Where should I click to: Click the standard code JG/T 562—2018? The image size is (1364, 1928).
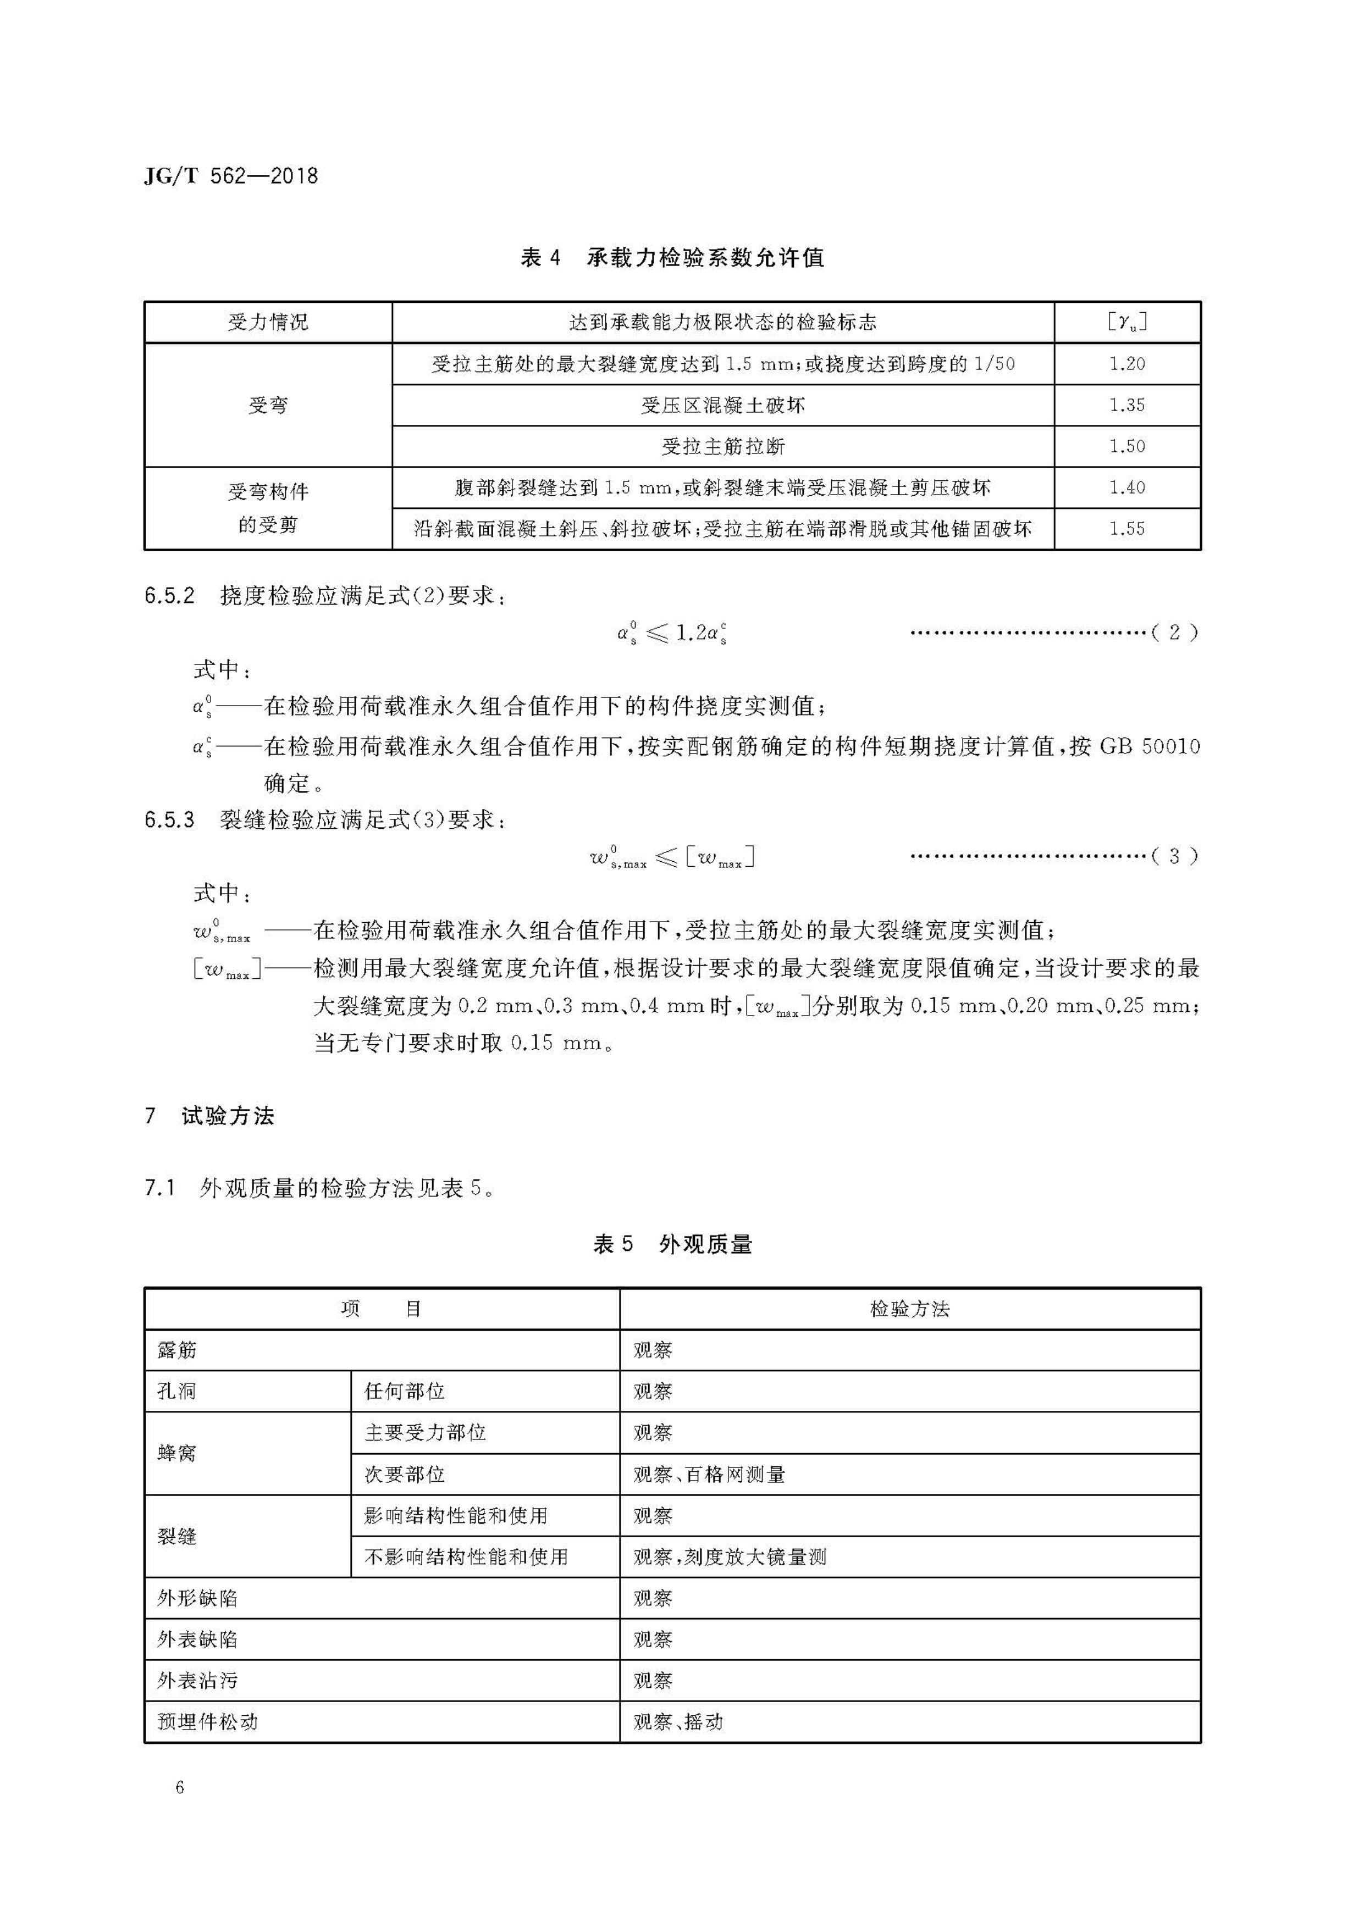point(231,176)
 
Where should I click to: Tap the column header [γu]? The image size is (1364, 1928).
point(1127,322)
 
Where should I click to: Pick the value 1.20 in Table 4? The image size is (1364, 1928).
point(1127,364)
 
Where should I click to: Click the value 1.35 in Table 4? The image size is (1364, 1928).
point(1127,405)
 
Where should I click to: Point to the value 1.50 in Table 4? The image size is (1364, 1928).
point(1127,446)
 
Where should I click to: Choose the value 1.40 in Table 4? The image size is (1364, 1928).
point(1127,487)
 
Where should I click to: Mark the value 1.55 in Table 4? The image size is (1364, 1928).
point(1127,528)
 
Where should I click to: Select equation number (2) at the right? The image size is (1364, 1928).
point(1174,632)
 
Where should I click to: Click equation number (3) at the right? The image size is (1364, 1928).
point(1174,856)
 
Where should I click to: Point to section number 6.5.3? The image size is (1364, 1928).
point(170,819)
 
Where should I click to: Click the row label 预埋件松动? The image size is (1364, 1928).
point(207,1722)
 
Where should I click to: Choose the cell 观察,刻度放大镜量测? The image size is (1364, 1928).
point(729,1557)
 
